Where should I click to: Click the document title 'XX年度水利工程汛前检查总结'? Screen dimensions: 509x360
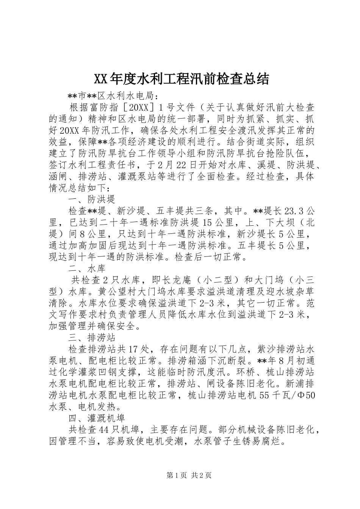click(181, 79)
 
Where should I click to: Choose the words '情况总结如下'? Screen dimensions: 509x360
click(78, 188)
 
